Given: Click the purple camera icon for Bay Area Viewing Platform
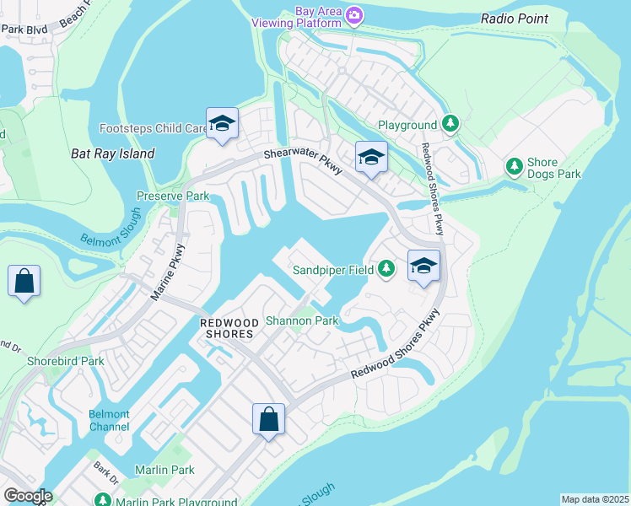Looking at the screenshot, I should [355, 15].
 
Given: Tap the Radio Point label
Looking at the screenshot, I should [515, 19].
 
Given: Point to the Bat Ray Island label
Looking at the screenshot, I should [113, 153].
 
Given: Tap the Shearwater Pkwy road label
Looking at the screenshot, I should [303, 159].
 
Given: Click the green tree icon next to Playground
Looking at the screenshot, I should [450, 125].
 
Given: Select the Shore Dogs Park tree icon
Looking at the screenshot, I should [514, 166].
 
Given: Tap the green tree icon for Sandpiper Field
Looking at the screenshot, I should [386, 270].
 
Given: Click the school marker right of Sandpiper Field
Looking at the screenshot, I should [423, 266].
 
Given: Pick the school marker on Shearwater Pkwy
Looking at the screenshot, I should [371, 157].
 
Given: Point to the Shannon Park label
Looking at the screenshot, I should [302, 320].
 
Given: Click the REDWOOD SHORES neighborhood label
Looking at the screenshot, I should [227, 328].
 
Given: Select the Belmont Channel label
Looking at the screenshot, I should [110, 420].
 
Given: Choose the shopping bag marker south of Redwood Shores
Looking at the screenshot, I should [268, 418].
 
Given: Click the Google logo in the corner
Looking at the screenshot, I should [27, 496].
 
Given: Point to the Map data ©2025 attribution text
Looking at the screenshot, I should [594, 499].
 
